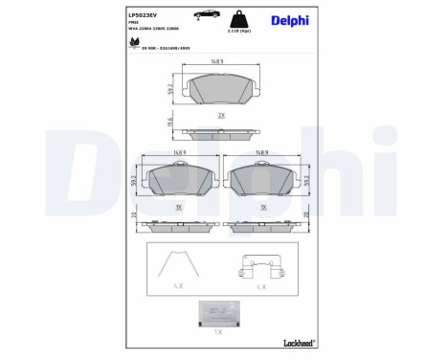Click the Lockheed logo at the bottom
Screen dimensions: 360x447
301,342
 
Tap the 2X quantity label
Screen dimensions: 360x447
221,114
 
